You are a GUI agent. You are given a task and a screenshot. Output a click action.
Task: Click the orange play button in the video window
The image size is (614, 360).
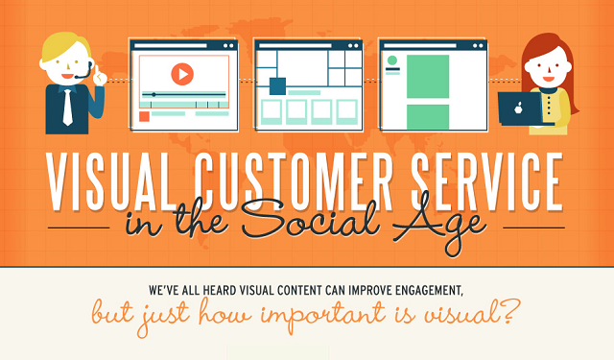(x=181, y=73)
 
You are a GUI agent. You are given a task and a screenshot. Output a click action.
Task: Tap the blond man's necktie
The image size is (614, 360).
(x=66, y=108)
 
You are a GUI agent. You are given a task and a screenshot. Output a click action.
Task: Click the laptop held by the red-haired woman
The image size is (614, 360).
(x=519, y=108)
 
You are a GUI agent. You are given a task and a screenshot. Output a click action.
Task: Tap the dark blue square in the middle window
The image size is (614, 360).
(x=277, y=86)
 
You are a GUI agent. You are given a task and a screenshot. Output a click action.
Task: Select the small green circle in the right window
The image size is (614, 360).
(x=391, y=60)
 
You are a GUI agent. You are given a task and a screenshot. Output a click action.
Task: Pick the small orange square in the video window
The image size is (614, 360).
(x=144, y=115)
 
